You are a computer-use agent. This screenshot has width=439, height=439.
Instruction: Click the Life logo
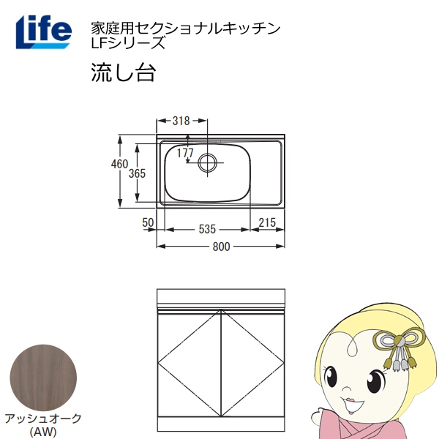coord(43,31)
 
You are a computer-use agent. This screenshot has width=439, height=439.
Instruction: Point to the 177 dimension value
coord(185,152)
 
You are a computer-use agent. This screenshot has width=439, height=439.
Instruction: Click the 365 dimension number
coord(138,173)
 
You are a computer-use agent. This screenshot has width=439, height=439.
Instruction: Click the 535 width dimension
coord(208,229)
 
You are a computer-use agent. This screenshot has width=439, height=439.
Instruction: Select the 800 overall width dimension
coord(221,247)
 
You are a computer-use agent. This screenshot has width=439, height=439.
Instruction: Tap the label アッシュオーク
coord(42,419)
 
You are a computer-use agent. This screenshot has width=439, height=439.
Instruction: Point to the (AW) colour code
coord(42,431)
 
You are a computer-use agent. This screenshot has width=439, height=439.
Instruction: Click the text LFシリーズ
coord(127,42)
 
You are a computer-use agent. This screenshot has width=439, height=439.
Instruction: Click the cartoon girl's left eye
coord(378,382)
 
